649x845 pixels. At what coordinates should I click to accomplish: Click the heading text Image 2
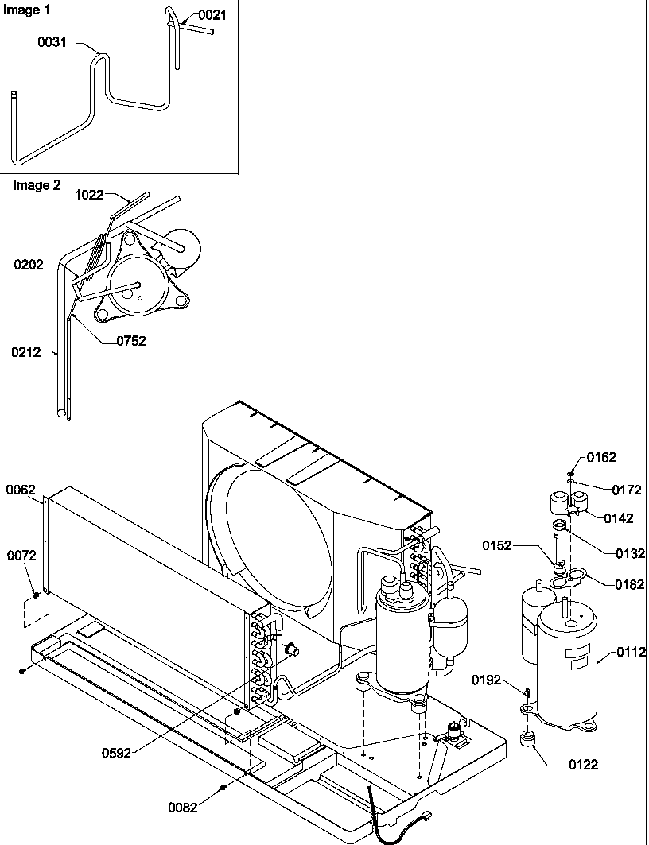click(x=37, y=185)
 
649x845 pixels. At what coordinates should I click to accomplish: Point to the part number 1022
click(x=90, y=194)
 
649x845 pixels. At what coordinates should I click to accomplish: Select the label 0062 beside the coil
click(x=21, y=490)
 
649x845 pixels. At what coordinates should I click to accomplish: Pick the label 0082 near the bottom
click(x=184, y=807)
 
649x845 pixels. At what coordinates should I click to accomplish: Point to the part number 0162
click(x=601, y=458)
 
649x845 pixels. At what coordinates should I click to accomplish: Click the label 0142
click(x=619, y=519)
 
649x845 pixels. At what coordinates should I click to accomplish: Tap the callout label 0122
click(x=583, y=765)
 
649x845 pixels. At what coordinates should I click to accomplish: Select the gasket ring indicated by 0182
click(x=565, y=581)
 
